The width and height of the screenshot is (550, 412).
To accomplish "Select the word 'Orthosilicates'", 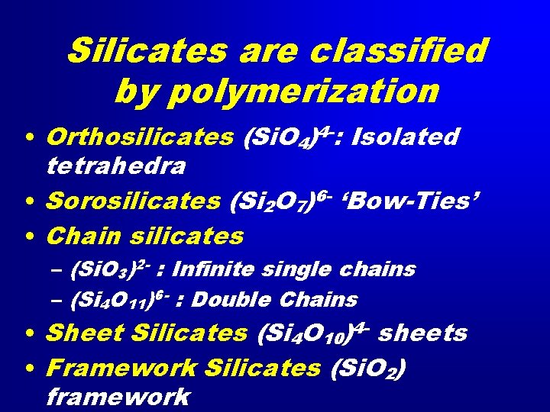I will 140,137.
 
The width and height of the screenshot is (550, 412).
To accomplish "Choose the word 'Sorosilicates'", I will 134,201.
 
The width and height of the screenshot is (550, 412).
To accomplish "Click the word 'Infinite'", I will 226,269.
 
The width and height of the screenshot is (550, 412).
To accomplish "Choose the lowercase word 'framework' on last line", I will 117,397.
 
